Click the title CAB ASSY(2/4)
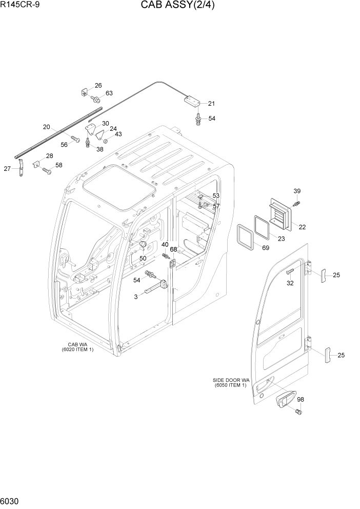(179, 7)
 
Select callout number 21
(211, 104)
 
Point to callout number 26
(98, 86)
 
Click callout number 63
(109, 93)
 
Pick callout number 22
(302, 227)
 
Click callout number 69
(265, 248)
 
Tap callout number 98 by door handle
(301, 400)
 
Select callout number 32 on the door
(290, 283)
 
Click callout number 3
(136, 297)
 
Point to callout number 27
(8, 168)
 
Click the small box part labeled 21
(193, 100)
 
